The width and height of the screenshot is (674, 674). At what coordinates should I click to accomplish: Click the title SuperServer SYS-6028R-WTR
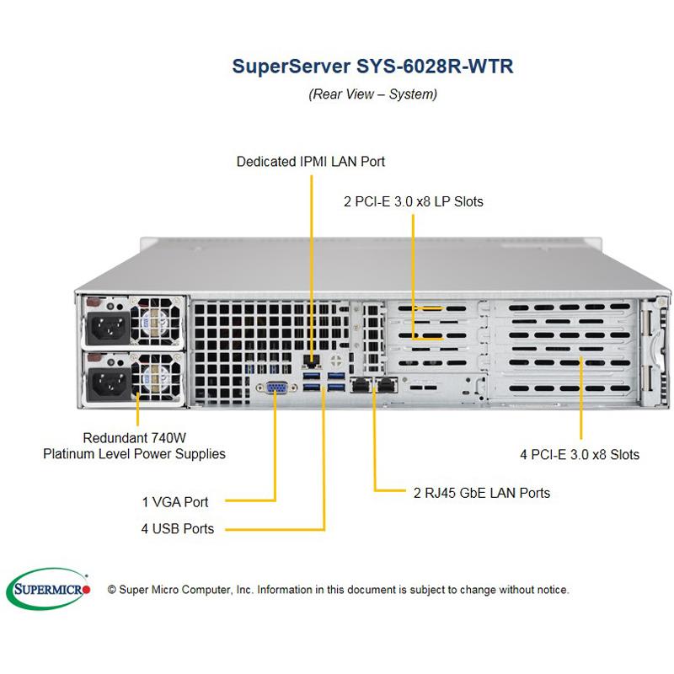click(372, 67)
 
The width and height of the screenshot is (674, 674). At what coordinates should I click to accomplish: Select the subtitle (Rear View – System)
click(372, 94)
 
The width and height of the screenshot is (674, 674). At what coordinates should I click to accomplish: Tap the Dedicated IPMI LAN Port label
click(311, 161)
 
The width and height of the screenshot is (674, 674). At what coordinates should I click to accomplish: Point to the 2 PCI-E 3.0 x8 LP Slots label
click(414, 201)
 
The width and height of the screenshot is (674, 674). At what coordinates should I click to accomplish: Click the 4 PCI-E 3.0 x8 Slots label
click(580, 455)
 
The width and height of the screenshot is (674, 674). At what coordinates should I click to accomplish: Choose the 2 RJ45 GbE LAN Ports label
click(481, 492)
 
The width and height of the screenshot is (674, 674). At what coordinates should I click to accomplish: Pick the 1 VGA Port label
click(174, 502)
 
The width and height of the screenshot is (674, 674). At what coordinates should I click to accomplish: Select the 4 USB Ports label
click(177, 529)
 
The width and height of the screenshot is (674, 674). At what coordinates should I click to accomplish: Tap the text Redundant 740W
click(134, 438)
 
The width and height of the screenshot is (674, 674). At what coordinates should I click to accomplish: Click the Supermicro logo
click(48, 588)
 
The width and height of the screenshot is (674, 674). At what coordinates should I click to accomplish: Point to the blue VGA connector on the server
click(277, 388)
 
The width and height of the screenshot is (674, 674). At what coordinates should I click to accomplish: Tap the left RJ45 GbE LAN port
click(361, 385)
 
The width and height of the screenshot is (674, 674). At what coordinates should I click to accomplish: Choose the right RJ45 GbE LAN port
click(387, 385)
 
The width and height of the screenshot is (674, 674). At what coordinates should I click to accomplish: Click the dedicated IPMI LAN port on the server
click(310, 364)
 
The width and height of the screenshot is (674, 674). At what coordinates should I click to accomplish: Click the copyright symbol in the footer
click(111, 590)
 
